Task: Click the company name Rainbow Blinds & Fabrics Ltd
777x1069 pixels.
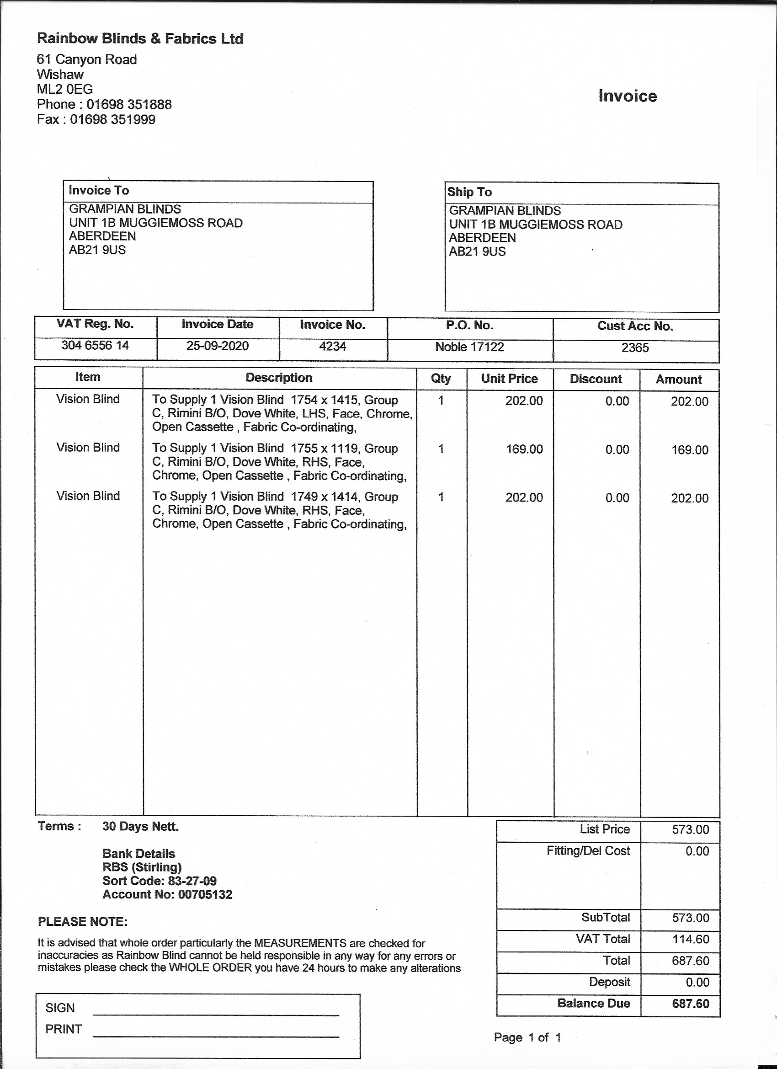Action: point(140,39)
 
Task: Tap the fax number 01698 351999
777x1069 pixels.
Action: point(112,119)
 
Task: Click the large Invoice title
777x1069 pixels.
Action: point(627,96)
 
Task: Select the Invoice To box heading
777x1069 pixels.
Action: point(98,190)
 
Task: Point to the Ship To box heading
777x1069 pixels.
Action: point(469,192)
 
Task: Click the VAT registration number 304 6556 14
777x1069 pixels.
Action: point(95,346)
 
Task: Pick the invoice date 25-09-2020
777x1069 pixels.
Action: point(217,346)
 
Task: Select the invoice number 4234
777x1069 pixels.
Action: point(333,347)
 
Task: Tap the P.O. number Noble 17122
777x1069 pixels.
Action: point(469,347)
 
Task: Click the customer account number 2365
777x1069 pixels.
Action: point(635,348)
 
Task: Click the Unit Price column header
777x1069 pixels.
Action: point(509,379)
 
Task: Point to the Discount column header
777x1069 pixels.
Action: point(596,379)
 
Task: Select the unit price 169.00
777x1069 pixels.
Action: point(524,449)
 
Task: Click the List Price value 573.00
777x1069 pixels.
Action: point(690,829)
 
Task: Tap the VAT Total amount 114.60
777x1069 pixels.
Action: point(690,940)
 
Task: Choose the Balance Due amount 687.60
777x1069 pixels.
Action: point(690,1004)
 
